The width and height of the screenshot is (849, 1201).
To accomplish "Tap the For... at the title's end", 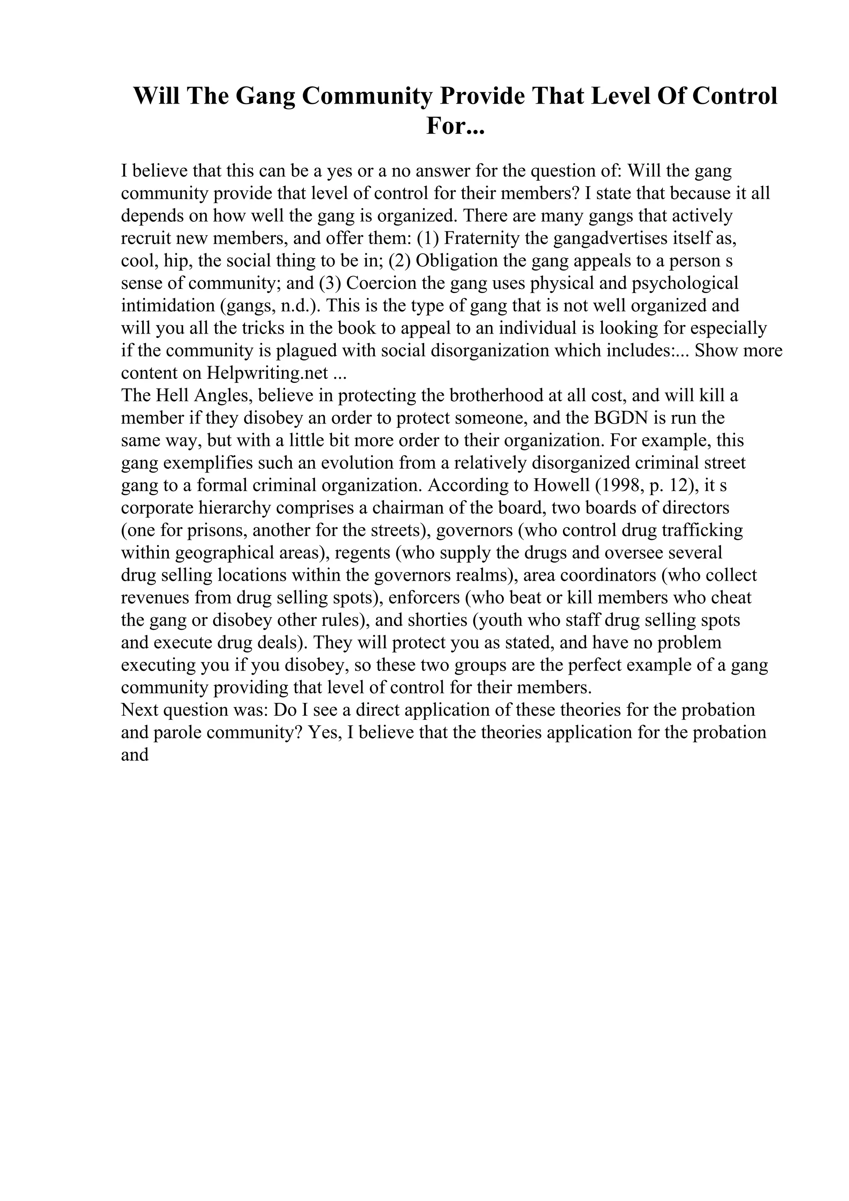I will (455, 126).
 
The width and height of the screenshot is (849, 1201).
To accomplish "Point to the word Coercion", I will (381, 283).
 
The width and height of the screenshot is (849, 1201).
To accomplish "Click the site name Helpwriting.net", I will (267, 373).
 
